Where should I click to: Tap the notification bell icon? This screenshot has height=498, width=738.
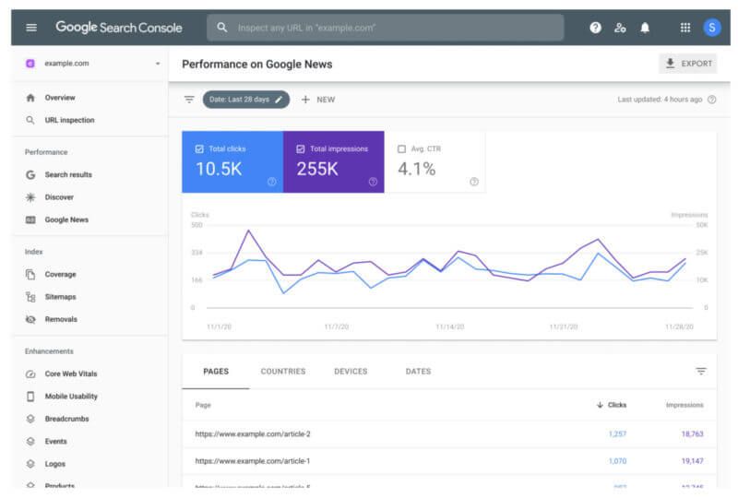click(x=645, y=28)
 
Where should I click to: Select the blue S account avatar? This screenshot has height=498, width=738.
click(x=711, y=28)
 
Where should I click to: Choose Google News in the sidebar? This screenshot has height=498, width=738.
click(x=66, y=219)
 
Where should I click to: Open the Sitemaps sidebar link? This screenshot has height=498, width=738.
click(x=60, y=297)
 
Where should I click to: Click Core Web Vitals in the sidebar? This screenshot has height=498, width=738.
click(x=70, y=373)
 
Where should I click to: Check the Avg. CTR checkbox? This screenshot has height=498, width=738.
click(x=401, y=148)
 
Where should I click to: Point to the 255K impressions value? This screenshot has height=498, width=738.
click(x=317, y=169)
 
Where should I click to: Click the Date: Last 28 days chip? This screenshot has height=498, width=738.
click(x=245, y=100)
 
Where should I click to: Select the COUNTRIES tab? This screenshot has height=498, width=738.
click(x=283, y=372)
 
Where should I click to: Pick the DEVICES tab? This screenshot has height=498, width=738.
click(x=351, y=372)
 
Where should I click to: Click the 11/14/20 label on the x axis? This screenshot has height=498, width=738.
click(x=449, y=326)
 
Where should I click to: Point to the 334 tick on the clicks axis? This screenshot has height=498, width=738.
click(x=196, y=252)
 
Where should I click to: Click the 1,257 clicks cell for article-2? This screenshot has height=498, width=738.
click(x=617, y=433)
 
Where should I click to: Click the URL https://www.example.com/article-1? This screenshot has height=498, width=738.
click(x=253, y=460)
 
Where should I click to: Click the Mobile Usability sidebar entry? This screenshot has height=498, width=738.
click(x=70, y=397)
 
